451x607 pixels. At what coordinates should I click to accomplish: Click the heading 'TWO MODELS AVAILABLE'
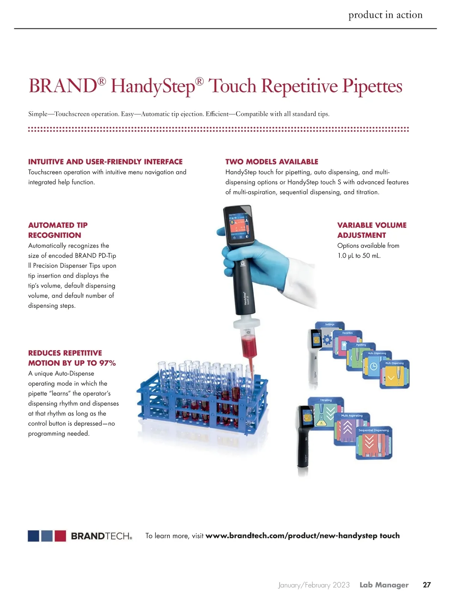pos(272,162)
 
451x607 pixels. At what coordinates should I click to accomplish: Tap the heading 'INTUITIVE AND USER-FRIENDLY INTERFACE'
pos(105,162)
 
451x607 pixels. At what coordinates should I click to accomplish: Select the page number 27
pos(427,585)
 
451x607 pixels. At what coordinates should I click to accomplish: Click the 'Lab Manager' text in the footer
pos(384,585)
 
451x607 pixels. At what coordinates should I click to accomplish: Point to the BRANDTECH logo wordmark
pos(101,536)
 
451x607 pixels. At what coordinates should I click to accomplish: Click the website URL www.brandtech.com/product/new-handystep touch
pos(303,535)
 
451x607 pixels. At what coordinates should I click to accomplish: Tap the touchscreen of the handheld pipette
pos(238,225)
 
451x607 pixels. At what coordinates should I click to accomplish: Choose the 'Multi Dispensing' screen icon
pos(395,375)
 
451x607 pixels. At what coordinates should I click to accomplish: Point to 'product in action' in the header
pos(385,15)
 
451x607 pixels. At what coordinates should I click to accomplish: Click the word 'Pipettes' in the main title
pos(372,87)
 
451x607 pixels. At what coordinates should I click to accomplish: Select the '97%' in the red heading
pos(107,363)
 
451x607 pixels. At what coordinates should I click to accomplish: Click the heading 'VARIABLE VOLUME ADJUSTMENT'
pos(371,230)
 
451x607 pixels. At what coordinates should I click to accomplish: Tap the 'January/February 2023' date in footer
pos(314,585)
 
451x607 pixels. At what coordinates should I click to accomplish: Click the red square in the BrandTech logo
pos(60,536)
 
